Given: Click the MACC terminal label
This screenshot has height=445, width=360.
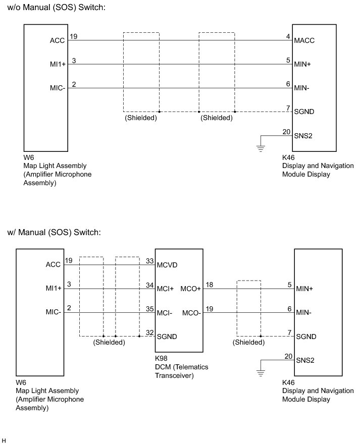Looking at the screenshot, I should [x=304, y=40].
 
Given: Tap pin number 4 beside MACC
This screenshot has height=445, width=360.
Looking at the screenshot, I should [x=288, y=37].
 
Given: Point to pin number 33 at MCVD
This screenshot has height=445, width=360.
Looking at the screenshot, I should [x=149, y=261].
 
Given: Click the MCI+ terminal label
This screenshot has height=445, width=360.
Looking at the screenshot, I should [x=166, y=289].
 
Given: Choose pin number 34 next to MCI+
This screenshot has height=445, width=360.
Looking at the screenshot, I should [x=149, y=285].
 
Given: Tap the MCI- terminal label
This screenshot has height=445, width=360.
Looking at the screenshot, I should [x=165, y=313].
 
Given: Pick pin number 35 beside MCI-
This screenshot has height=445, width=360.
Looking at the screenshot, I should [x=149, y=309].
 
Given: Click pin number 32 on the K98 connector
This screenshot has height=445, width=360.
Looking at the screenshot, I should [x=149, y=332].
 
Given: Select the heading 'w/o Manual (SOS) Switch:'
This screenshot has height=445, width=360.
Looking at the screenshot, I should [x=57, y=8].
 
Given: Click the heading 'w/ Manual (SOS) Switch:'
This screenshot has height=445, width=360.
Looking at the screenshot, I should [x=55, y=233].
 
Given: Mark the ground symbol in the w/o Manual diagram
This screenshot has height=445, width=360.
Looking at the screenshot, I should [x=261, y=148].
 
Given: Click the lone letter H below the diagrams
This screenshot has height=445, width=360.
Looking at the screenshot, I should [x=4, y=440].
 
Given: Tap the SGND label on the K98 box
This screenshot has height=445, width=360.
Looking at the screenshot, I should [x=167, y=337].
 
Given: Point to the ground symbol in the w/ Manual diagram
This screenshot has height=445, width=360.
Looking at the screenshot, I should [x=261, y=373].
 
